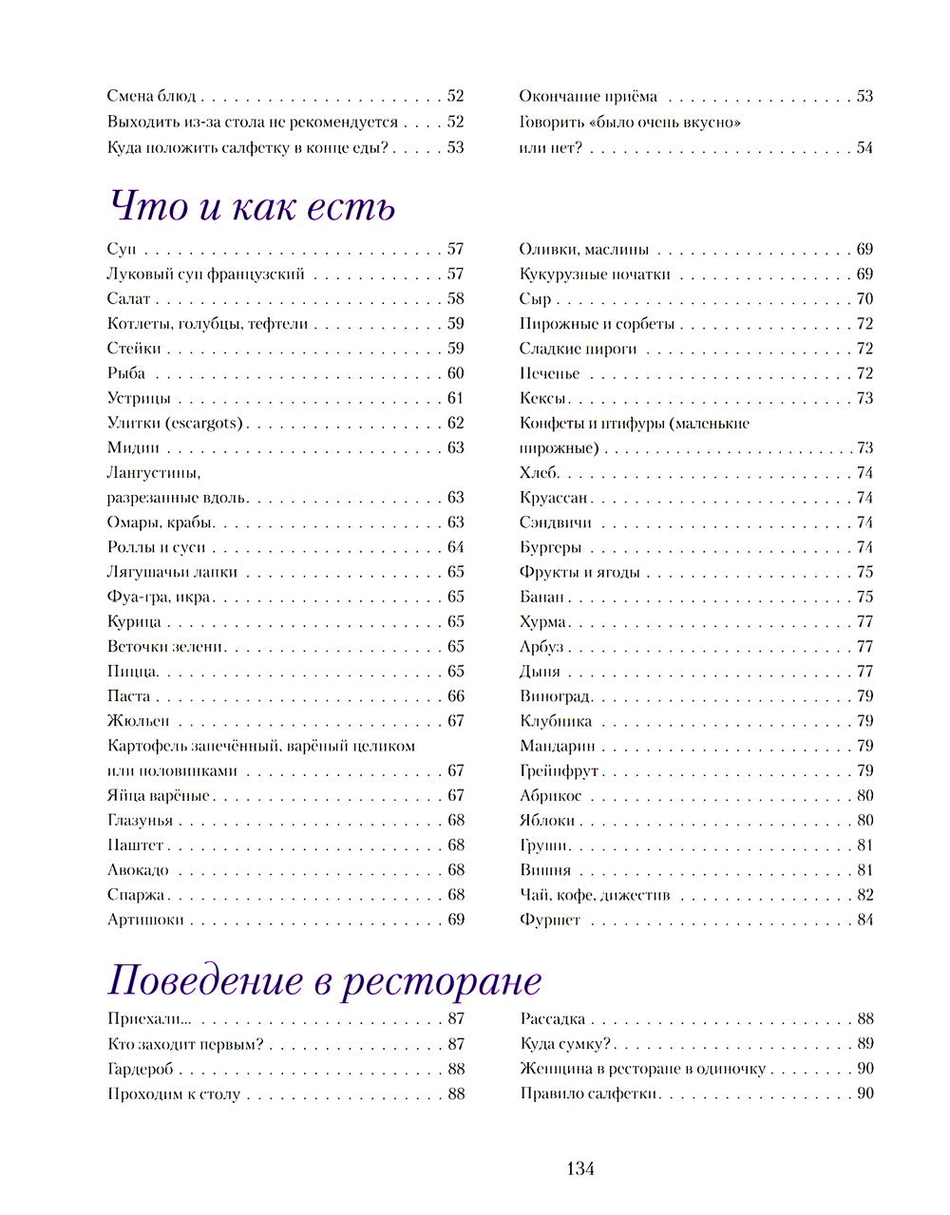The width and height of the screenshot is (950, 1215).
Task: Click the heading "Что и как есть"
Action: pyautogui.click(x=251, y=206)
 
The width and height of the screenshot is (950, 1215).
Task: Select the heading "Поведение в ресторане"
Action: pyautogui.click(x=324, y=979)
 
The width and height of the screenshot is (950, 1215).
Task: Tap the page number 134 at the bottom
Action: pyautogui.click(x=579, y=1168)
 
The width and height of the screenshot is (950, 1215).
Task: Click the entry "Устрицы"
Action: pyautogui.click(x=139, y=398)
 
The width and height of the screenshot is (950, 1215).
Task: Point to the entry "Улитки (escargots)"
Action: pyautogui.click(x=175, y=423)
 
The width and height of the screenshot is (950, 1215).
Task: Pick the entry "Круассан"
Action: pyautogui.click(x=554, y=498)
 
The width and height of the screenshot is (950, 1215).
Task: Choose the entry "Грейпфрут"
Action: pyautogui.click(x=559, y=770)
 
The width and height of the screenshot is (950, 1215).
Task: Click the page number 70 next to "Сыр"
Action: pyautogui.click(x=864, y=299)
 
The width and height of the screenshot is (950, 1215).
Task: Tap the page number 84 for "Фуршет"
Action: pyautogui.click(x=864, y=920)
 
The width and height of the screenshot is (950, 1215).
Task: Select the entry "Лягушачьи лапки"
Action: pyautogui.click(x=172, y=572)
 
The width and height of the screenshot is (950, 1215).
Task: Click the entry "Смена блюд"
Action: pyautogui.click(x=151, y=96)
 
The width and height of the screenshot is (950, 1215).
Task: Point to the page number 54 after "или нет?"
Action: pyautogui.click(x=864, y=147)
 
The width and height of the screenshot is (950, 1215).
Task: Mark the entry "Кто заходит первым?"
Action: pyautogui.click(x=184, y=1044)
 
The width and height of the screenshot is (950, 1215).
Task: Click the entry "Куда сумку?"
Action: pyautogui.click(x=564, y=1044)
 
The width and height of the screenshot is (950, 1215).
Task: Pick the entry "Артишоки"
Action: pyautogui.click(x=145, y=920)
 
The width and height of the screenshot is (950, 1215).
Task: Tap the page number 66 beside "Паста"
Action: pyautogui.click(x=456, y=696)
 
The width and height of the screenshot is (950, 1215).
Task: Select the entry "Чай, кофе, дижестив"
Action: pyautogui.click(x=595, y=895)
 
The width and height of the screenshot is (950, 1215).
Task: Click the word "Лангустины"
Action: pyautogui.click(x=154, y=472)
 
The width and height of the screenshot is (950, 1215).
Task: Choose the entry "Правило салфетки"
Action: pyautogui.click(x=588, y=1093)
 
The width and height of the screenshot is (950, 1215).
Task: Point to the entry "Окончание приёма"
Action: pyautogui.click(x=588, y=96)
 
